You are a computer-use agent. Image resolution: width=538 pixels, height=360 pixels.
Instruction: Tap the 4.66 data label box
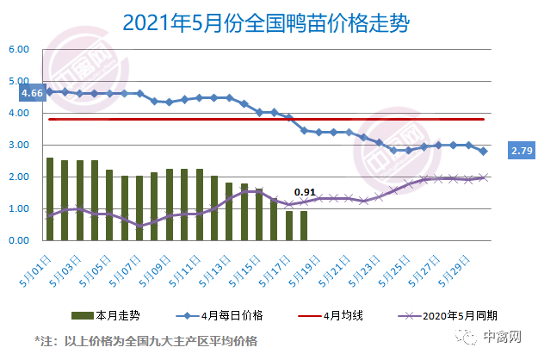click(33, 93)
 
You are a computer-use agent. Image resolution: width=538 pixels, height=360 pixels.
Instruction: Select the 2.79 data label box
click(521, 151)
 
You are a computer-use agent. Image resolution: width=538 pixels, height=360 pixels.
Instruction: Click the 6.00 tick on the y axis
click(19, 49)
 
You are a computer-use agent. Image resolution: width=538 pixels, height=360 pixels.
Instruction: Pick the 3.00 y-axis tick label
click(19, 145)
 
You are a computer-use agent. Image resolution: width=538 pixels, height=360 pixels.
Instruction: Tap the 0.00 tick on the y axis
click(19, 240)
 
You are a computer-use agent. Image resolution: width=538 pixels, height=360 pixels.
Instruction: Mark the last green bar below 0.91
click(303, 226)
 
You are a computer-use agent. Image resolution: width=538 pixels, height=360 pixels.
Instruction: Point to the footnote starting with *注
click(145, 341)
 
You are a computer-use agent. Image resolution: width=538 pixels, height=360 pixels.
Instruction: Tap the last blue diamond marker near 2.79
click(483, 152)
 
